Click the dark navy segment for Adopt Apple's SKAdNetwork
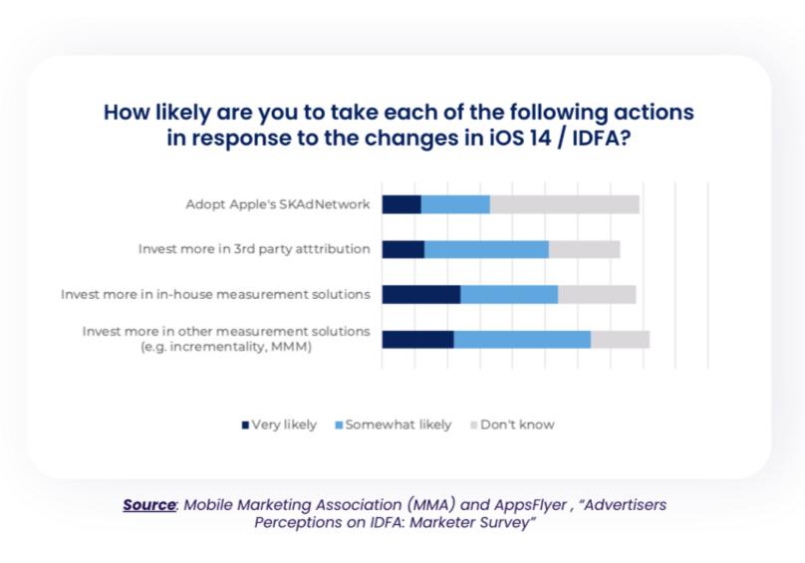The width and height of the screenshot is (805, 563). click(x=402, y=204)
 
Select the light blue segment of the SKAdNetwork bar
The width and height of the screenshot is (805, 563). click(x=455, y=204)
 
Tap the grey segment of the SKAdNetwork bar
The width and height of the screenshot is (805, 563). click(x=565, y=204)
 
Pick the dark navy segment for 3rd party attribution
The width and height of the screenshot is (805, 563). click(x=403, y=249)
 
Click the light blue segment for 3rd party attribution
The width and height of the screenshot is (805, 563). click(x=487, y=249)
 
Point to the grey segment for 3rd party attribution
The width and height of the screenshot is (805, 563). click(x=584, y=249)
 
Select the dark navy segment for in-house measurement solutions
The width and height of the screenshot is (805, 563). click(x=421, y=294)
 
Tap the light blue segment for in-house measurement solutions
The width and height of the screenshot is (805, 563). click(x=509, y=294)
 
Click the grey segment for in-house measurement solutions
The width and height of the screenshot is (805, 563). click(x=597, y=294)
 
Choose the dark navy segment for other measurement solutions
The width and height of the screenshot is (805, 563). click(x=417, y=340)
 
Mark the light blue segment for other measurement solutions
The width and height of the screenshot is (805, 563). click(x=522, y=340)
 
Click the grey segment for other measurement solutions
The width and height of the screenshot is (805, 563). click(x=620, y=340)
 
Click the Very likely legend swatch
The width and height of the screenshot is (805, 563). click(x=245, y=425)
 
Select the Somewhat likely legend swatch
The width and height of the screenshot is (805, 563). click(x=339, y=425)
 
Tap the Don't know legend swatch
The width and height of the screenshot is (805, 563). click(x=474, y=425)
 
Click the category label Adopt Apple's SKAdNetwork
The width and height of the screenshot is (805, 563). click(x=278, y=204)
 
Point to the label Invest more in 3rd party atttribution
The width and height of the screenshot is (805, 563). click(x=254, y=249)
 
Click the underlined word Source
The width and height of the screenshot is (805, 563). click(x=149, y=505)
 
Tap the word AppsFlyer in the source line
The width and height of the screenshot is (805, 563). click(x=530, y=505)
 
